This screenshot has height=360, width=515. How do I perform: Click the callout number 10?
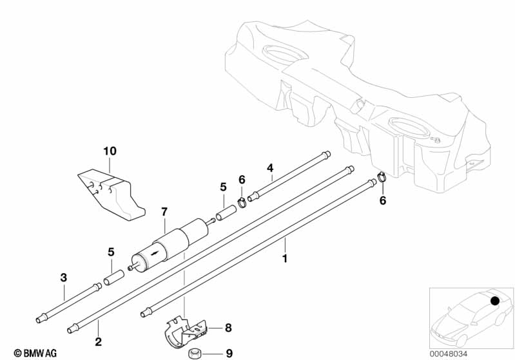tap(110, 151)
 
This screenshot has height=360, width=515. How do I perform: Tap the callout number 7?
tap(164, 212)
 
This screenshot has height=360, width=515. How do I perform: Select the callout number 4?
tap(269, 168)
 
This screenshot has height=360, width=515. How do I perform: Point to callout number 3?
tap(63, 278)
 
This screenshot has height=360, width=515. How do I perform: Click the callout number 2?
tap(98, 341)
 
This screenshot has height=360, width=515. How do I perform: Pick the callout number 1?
tap(285, 258)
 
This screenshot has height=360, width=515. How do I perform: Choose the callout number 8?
tap(228, 328)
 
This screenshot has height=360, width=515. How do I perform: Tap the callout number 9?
tap(229, 353)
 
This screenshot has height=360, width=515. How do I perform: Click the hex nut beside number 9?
tap(192, 354)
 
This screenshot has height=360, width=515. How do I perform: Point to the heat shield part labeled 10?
tap(112, 194)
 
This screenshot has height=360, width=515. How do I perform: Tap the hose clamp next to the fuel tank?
tap(382, 176)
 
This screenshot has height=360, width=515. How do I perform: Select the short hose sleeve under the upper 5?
tap(226, 213)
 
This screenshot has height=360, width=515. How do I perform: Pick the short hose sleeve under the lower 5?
tap(113, 278)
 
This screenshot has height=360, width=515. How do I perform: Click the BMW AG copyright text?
tap(35, 353)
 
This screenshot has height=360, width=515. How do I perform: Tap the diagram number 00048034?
tap(449, 354)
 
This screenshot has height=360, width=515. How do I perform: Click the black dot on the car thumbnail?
tap(494, 301)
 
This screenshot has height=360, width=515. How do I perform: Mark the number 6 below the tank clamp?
tap(383, 200)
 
